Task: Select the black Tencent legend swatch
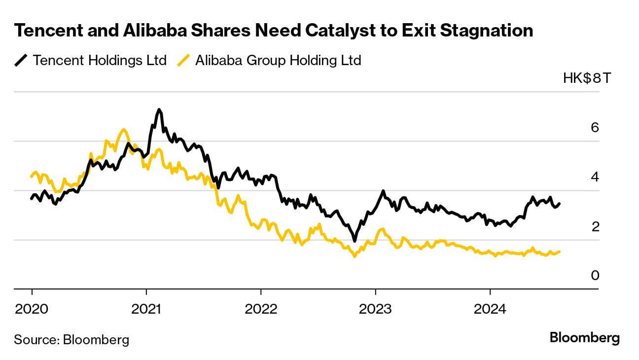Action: pyautogui.click(x=21, y=61)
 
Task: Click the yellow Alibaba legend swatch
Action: pyautogui.click(x=183, y=61)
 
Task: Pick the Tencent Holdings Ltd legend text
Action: pyautogui.click(x=100, y=61)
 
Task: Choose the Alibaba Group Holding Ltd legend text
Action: pyautogui.click(x=278, y=61)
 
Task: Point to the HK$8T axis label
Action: pyautogui.click(x=586, y=78)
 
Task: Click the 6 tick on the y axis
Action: pyautogui.click(x=595, y=128)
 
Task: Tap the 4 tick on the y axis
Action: pyautogui.click(x=595, y=177)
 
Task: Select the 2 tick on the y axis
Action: pyautogui.click(x=595, y=226)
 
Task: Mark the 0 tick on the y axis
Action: pyautogui.click(x=595, y=275)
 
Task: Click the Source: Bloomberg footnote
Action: pyautogui.click(x=71, y=339)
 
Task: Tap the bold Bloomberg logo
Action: pyautogui.click(x=584, y=338)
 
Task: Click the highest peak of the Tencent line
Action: pyautogui.click(x=159, y=109)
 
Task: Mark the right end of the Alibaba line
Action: pyautogui.click(x=559, y=252)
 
